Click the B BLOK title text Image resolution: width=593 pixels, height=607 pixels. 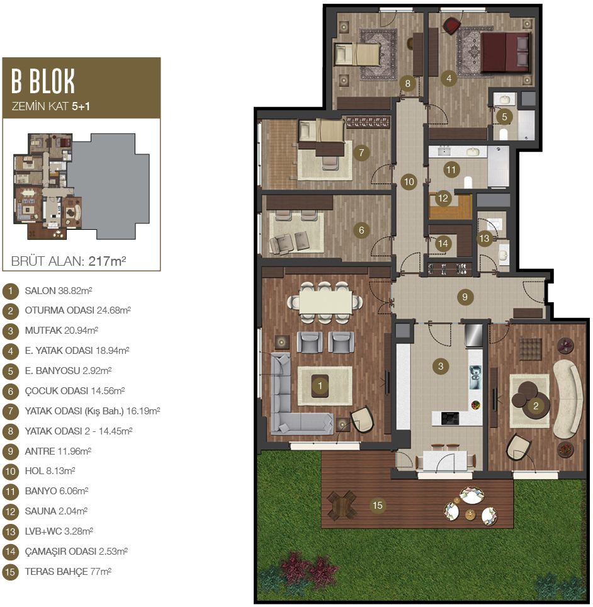click(43, 81)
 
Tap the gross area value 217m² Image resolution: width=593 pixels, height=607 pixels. click(107, 261)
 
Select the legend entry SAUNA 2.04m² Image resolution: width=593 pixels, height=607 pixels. click(56, 511)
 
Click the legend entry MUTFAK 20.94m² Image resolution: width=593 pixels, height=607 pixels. click(61, 330)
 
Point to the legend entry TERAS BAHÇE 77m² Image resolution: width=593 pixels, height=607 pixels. click(68, 571)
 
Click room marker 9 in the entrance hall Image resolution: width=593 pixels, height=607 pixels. click(465, 297)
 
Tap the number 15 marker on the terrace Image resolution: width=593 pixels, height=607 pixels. click(378, 505)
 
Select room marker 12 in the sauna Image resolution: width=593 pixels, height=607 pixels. click(443, 198)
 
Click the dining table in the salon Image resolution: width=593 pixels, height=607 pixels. click(325, 300)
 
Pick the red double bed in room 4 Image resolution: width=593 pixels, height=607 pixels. click(505, 52)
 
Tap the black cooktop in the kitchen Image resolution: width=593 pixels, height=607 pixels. click(450, 418)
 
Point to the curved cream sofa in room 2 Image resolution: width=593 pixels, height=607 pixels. click(569, 399)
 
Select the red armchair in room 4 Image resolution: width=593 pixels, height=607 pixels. click(451, 26)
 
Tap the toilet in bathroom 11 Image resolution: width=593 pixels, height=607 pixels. click(468, 182)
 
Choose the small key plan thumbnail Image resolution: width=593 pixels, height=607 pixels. click(81, 186)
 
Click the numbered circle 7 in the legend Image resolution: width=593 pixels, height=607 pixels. click(11, 411)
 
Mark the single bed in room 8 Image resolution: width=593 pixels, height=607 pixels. click(358, 54)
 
